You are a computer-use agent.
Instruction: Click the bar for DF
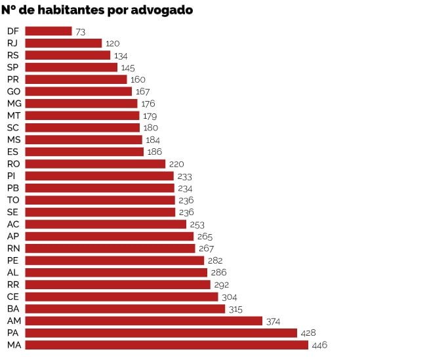tap(48, 31)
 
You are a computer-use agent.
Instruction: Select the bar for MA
tap(167, 345)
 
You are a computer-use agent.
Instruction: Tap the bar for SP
tap(71, 68)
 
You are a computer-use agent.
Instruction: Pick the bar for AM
tap(144, 321)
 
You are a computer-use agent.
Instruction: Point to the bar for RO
tap(95, 164)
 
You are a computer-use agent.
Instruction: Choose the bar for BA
tap(125, 309)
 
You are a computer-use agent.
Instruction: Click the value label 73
tap(81, 31)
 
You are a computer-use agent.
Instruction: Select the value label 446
tap(319, 345)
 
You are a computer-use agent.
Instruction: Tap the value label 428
tap(308, 333)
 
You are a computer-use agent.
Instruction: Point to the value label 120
tap(113, 43)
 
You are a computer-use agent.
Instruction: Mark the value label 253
tap(198, 224)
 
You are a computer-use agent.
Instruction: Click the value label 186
tap(155, 152)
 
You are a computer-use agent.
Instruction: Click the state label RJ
tap(12, 43)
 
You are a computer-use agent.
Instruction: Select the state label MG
tap(14, 104)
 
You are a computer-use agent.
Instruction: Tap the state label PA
tap(13, 333)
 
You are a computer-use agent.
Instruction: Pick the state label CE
tap(13, 296)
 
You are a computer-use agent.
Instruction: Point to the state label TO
tap(13, 200)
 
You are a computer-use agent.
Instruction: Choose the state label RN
tap(13, 249)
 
